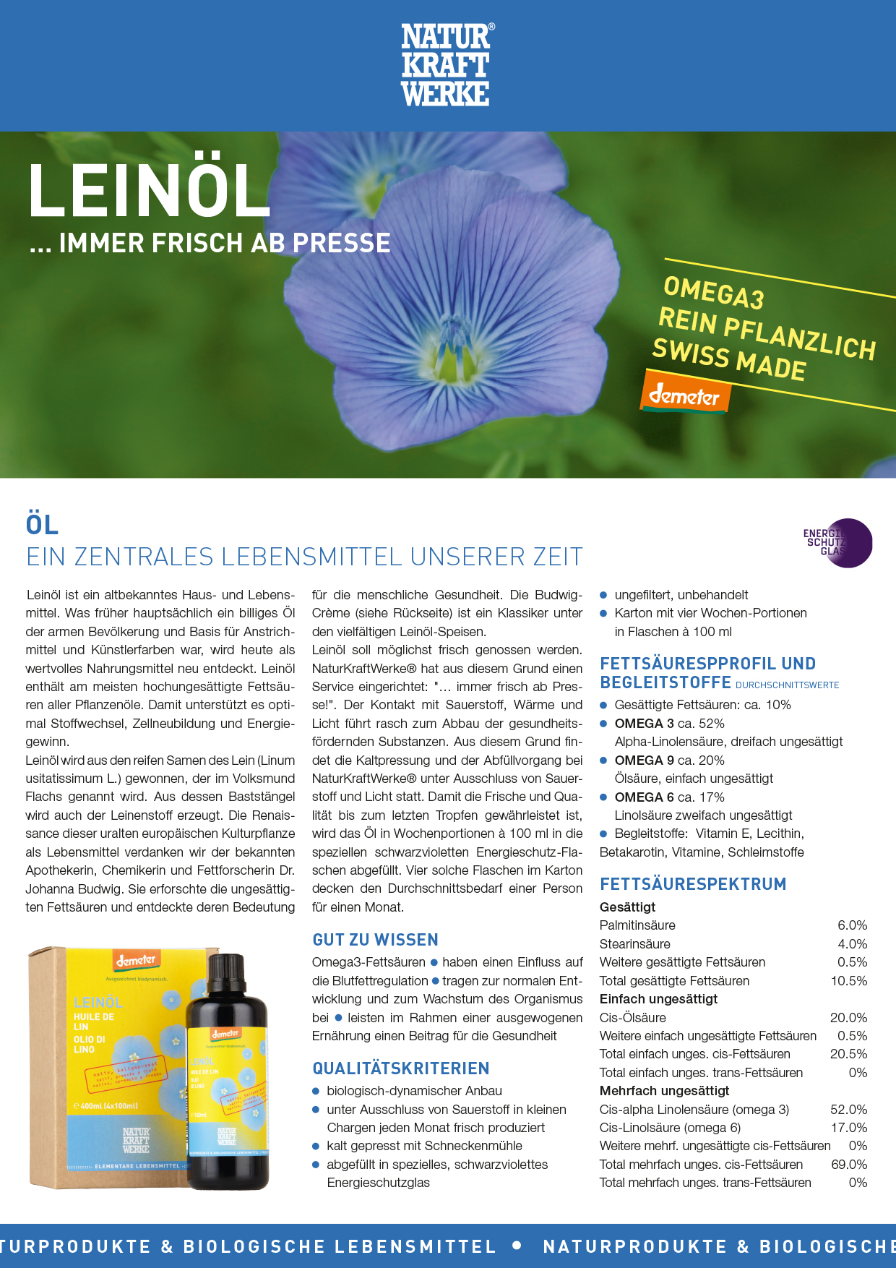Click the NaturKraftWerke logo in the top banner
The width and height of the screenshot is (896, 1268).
pos(446,65)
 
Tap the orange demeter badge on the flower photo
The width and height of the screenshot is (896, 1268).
pos(684,395)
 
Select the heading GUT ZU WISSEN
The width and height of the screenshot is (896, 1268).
pos(375,940)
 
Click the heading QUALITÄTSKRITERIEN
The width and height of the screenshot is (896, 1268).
pos(401,1068)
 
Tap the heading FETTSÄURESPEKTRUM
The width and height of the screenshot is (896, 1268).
pos(693,884)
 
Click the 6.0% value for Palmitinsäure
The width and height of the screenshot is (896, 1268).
pos(852,925)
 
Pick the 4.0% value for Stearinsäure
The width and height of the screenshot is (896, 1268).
pos(852,944)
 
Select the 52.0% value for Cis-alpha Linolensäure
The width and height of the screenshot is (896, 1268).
pos(848,1110)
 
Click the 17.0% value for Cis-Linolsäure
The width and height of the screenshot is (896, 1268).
pos(848,1128)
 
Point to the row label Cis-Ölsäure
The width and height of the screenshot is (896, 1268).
pos(633,1018)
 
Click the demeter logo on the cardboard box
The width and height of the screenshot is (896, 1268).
pos(137,961)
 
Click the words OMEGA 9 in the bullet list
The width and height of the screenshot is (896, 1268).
pos(644,761)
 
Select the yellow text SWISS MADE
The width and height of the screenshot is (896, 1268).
pos(728,359)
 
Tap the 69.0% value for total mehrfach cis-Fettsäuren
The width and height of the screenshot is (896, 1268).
pos(848,1165)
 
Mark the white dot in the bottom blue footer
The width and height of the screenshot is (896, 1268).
pos(517,1245)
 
